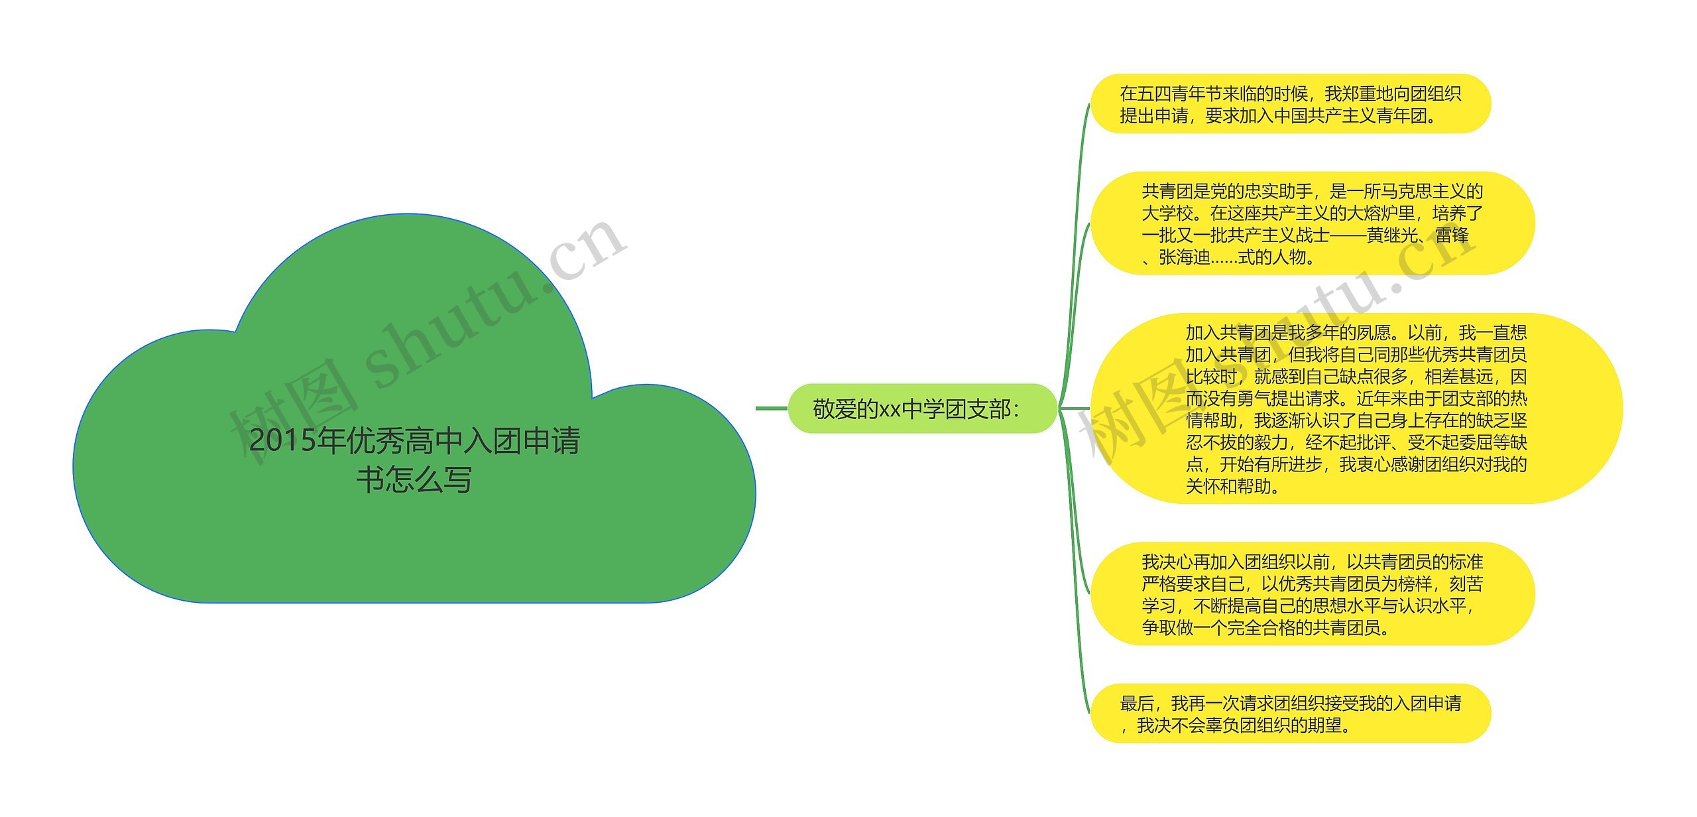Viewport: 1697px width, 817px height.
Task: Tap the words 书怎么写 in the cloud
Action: click(x=414, y=480)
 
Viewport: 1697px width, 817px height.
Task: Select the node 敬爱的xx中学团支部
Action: click(x=921, y=408)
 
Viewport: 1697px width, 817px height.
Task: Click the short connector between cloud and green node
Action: click(x=771, y=408)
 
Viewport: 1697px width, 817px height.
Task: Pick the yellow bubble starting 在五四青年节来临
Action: click(x=1289, y=104)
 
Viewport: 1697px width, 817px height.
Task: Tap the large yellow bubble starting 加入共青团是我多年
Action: click(x=1356, y=409)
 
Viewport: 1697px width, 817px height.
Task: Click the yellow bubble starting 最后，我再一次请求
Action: click(x=1289, y=714)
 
